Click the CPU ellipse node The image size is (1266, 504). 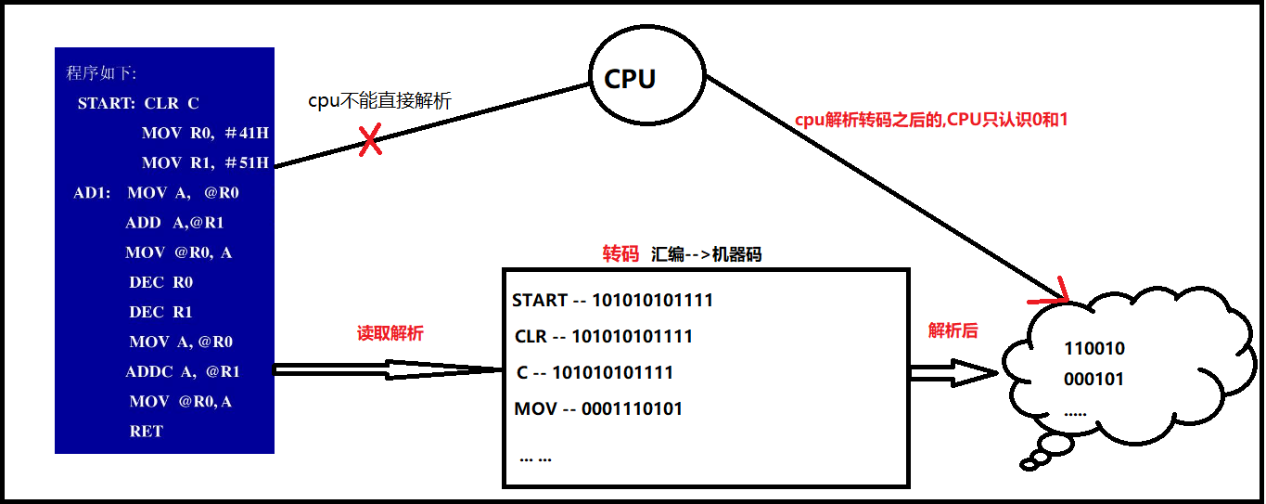[630, 80]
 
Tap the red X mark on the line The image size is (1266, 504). [370, 142]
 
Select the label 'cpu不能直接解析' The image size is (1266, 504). [379, 101]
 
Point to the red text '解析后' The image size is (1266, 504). [953, 330]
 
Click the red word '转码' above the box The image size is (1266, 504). [620, 254]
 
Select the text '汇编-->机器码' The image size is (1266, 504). [706, 254]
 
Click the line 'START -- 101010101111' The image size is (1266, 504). [612, 300]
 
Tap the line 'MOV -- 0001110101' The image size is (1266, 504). [598, 408]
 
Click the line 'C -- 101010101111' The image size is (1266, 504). [595, 372]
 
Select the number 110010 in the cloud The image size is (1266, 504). [1094, 349]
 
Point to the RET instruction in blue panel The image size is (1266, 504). [147, 432]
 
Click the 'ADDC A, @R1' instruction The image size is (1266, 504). [183, 372]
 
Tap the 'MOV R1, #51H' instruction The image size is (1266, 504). [205, 163]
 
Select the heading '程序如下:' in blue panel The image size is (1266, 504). [101, 73]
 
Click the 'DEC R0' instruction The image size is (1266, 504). [161, 282]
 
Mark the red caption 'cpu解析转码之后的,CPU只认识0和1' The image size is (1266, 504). [931, 121]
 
